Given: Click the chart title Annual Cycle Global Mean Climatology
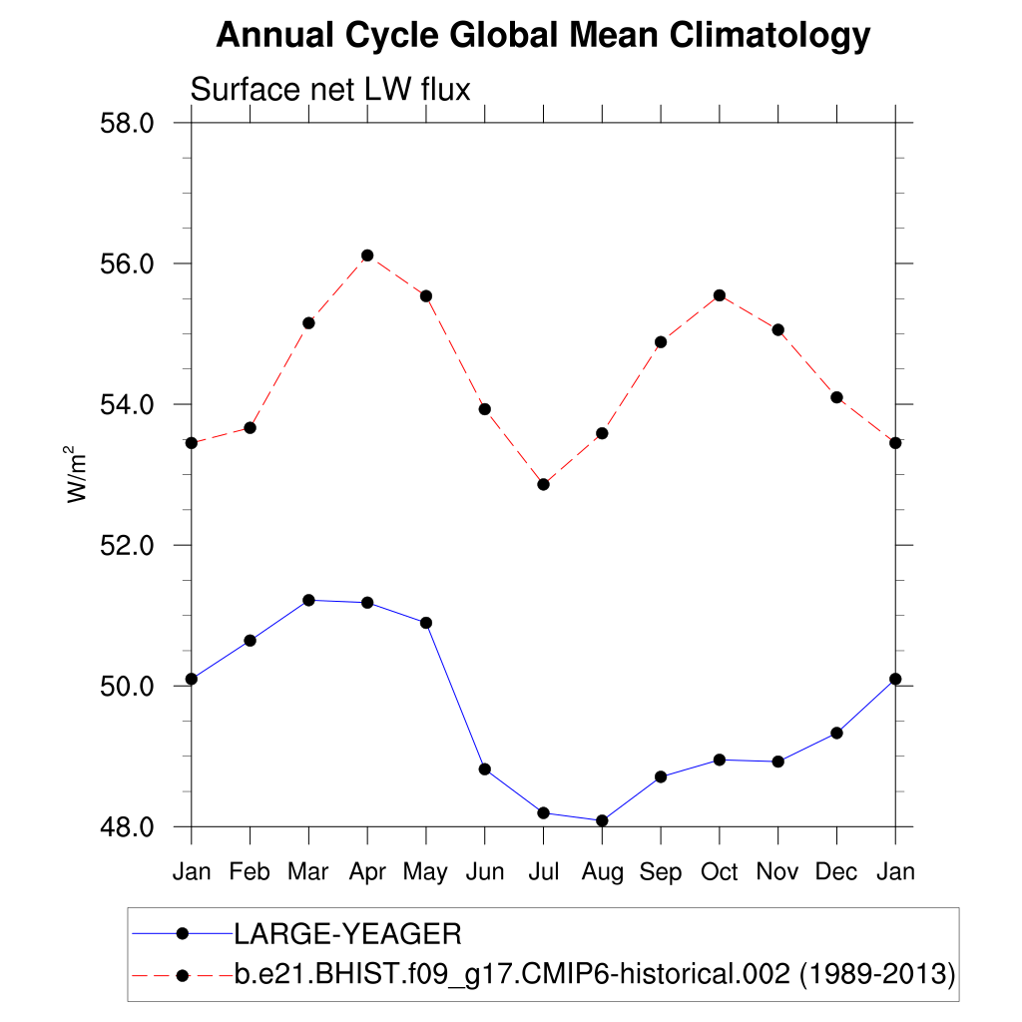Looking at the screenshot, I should pos(543,36).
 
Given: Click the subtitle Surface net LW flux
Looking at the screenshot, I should pos(329,90).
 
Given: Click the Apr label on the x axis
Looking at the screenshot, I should pos(367,871).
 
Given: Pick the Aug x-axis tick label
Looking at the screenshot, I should pos(602,871).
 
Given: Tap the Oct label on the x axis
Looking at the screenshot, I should pos(719,871).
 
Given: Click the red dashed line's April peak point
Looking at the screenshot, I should pos(367,255).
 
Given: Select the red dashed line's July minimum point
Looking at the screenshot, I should pos(543,484).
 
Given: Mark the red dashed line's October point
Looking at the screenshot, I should pos(719,295).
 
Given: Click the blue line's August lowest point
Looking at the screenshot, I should pos(602,820).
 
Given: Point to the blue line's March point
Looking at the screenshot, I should pos(308,600).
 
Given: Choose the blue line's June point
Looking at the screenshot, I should pos(485,768).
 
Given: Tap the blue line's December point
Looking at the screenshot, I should pos(836,733).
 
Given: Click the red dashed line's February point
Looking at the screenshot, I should pos(251,427).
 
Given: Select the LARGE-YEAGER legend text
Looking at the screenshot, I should pos(347,934).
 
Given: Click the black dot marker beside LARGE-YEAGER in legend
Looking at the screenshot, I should pos(182,933).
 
